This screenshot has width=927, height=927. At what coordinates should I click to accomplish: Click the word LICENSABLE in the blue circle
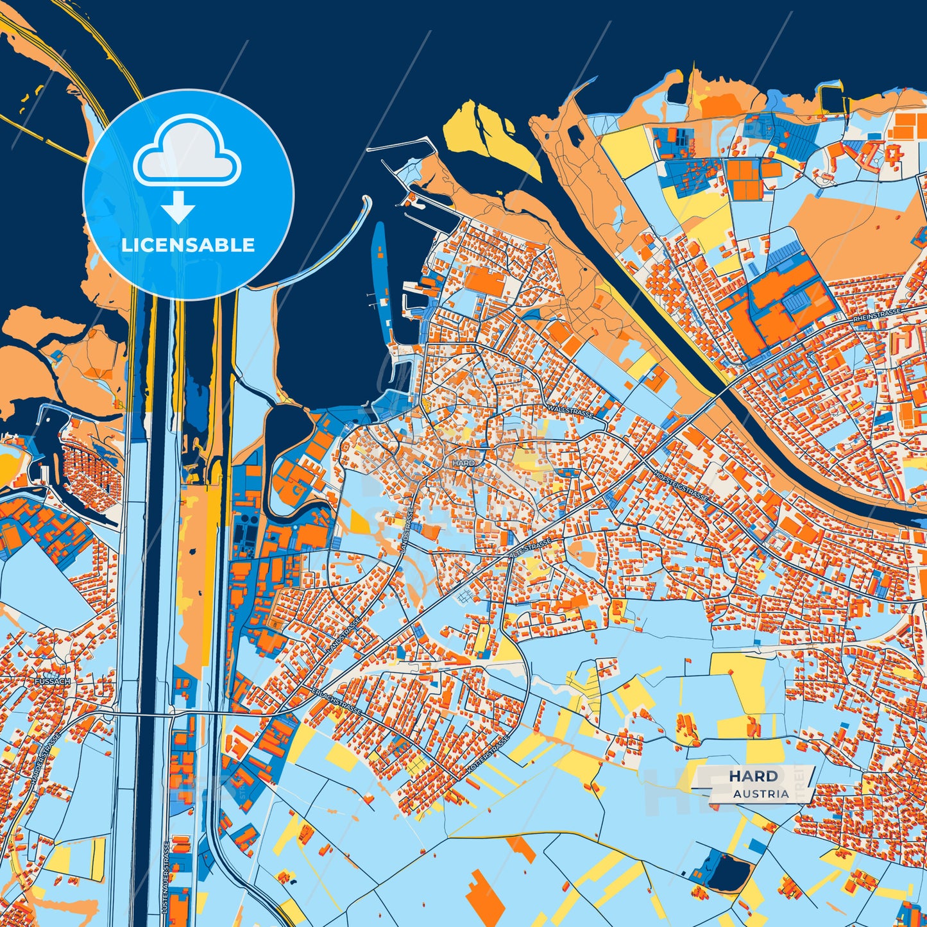coord(188,244)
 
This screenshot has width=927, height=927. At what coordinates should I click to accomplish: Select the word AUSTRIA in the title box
coord(761,794)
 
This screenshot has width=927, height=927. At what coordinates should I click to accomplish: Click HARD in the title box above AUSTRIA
coord(753,776)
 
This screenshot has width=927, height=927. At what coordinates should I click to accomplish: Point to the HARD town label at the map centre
coord(463,463)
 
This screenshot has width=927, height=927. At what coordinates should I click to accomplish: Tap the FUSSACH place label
coord(53,681)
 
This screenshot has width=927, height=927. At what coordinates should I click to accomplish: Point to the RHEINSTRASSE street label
coord(877,314)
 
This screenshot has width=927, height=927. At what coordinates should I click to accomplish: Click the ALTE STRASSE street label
coord(532,547)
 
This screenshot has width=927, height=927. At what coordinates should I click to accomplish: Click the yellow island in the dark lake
coord(488,138)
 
